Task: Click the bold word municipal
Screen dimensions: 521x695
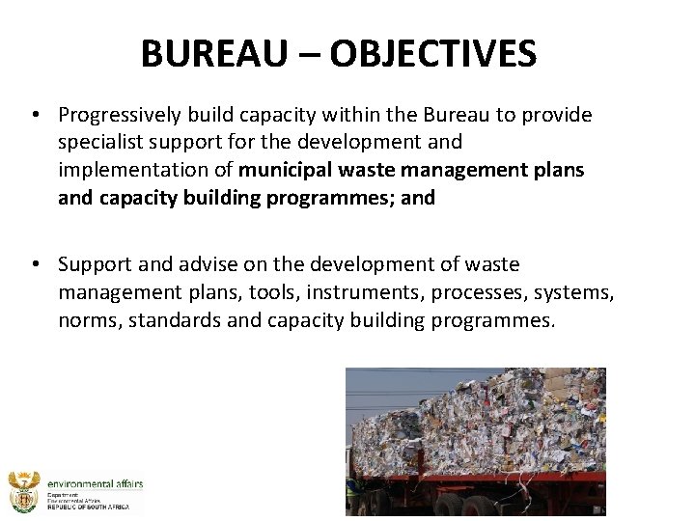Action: click(x=283, y=170)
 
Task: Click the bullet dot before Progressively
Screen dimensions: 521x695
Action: click(x=35, y=116)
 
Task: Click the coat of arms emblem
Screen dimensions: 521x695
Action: click(x=24, y=493)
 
